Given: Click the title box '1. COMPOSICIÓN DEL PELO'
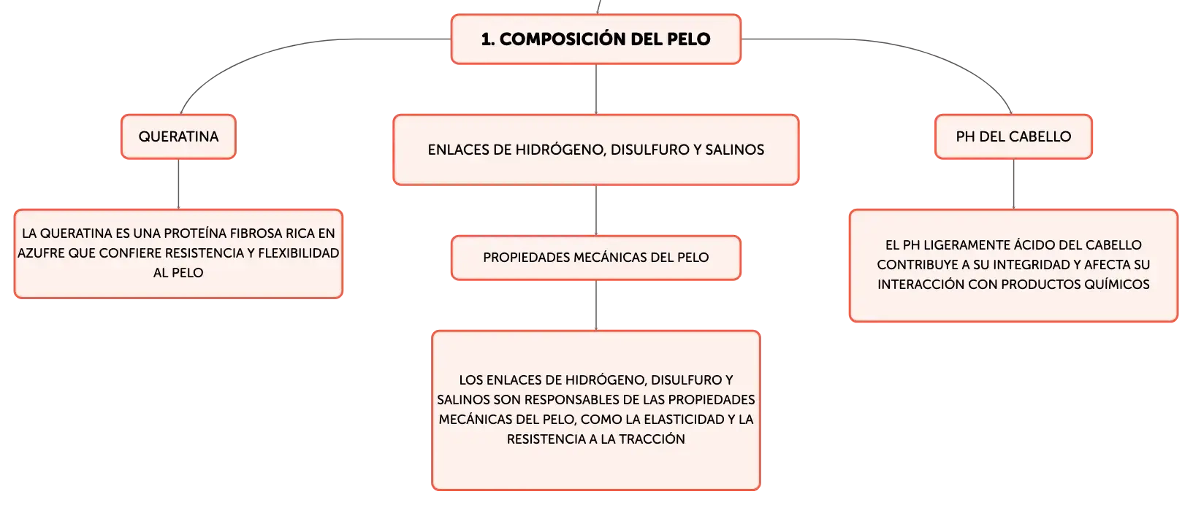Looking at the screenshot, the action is point(596,39).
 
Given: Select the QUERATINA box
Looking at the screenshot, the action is point(178,136).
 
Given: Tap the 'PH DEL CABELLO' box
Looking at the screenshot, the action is point(1013,136).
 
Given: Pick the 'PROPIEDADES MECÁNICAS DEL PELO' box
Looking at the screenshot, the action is point(596,258).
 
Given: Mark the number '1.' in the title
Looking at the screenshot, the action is point(488,39).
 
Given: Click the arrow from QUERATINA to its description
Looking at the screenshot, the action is point(178,184).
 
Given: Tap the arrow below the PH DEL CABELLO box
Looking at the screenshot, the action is point(1013,184).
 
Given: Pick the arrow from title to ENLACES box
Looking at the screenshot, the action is point(596,90).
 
